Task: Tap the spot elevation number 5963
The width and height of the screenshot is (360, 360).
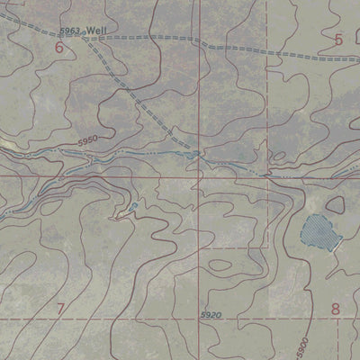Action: click(x=72, y=32)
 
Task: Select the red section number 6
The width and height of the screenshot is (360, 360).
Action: click(x=59, y=48)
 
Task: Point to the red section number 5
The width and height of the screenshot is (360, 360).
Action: click(x=338, y=40)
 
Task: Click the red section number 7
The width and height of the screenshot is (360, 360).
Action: click(x=60, y=310)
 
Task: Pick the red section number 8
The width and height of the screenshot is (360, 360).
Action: click(x=336, y=309)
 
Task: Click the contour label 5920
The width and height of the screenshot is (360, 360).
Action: click(x=211, y=314)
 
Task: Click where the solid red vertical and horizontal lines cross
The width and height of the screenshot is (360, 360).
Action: click(x=200, y=177)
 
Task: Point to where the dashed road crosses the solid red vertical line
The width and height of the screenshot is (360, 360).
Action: click(x=200, y=39)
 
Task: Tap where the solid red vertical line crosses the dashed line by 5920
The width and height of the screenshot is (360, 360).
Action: click(x=200, y=319)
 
